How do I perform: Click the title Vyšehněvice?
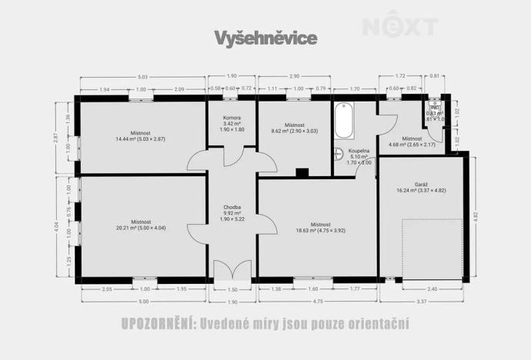[x=265, y=38]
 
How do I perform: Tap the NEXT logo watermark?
[x=400, y=27]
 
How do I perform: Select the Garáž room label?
[x=421, y=184]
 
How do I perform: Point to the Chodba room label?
[x=232, y=207]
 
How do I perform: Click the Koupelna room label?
[x=359, y=152]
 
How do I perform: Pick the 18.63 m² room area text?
[x=321, y=229]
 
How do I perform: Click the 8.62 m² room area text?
[x=295, y=131]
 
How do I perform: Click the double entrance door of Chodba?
[x=232, y=272]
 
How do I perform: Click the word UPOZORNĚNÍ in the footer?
[x=157, y=324]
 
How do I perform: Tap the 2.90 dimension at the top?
[x=295, y=77]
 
